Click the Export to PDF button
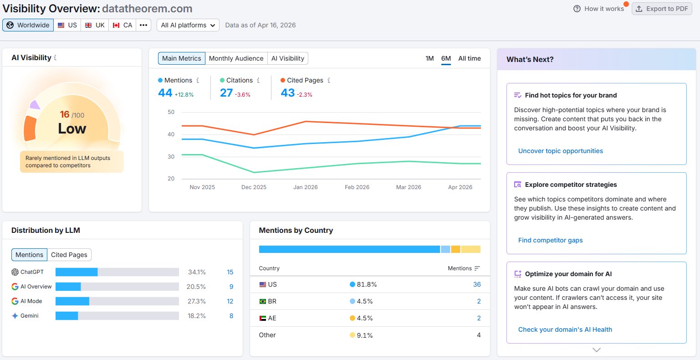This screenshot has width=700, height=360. point(662,9)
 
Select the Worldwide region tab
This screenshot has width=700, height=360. point(28,25)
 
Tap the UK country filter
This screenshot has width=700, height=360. point(95,25)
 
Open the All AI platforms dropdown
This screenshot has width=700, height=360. point(188,25)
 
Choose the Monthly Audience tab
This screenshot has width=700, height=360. point(236,58)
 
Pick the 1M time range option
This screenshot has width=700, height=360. point(429,58)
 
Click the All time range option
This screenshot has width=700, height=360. point(470,58)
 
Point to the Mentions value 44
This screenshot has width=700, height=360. point(165,93)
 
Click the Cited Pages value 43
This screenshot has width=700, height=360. point(287,93)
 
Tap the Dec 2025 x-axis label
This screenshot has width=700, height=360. point(254,187)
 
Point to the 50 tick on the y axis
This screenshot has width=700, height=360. point(171,112)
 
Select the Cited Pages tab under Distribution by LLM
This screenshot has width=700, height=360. point(69,255)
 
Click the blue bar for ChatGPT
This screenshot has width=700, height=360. point(77,272)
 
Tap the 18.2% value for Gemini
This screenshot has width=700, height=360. point(197,316)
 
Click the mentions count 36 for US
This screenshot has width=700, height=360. point(477,284)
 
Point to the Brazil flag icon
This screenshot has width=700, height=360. point(263,301)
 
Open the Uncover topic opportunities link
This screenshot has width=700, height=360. point(561,151)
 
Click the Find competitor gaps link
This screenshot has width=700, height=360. point(550,240)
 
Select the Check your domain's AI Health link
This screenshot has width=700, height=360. point(565,329)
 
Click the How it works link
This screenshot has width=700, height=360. point(599,9)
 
